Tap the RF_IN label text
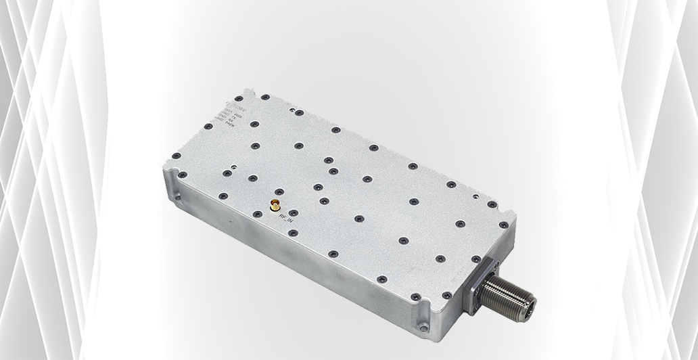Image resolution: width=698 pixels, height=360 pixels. tap(287, 218)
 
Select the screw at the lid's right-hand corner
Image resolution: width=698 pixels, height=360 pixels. tap(502, 223)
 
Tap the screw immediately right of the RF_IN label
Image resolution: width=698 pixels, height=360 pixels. tap(292, 233)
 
